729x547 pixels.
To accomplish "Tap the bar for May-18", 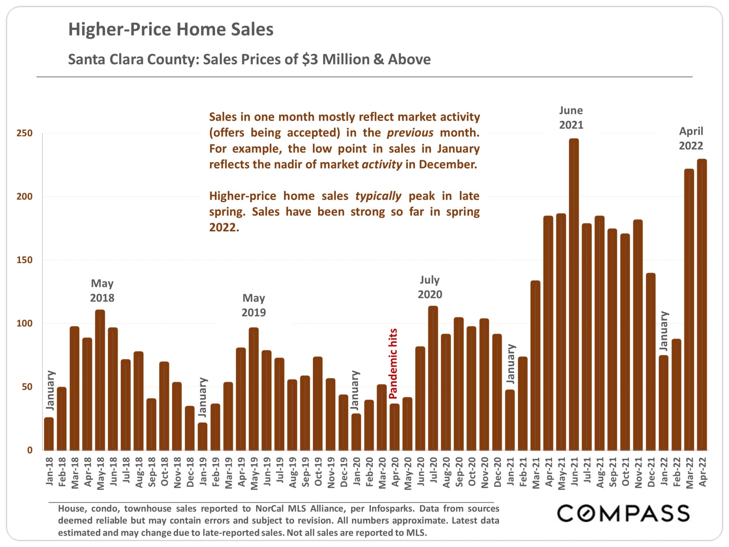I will click(100, 380).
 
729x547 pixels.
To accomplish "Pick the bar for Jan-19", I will click(202, 436).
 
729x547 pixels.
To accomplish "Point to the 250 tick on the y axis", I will click(25, 133).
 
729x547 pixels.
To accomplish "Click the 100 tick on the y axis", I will click(25, 324).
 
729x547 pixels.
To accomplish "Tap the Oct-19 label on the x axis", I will click(318, 472).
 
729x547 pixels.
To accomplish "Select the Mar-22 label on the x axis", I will click(690, 473).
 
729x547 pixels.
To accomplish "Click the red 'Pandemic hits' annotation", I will click(393, 364).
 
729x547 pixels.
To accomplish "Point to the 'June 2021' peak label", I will click(571, 118).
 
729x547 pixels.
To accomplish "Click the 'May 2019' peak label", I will click(254, 305).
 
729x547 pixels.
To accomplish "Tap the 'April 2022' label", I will click(691, 139).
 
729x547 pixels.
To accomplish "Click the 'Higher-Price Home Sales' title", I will click(171, 30).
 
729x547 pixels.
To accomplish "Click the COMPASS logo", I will click(623, 514).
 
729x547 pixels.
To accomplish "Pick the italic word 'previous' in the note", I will click(410, 133).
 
